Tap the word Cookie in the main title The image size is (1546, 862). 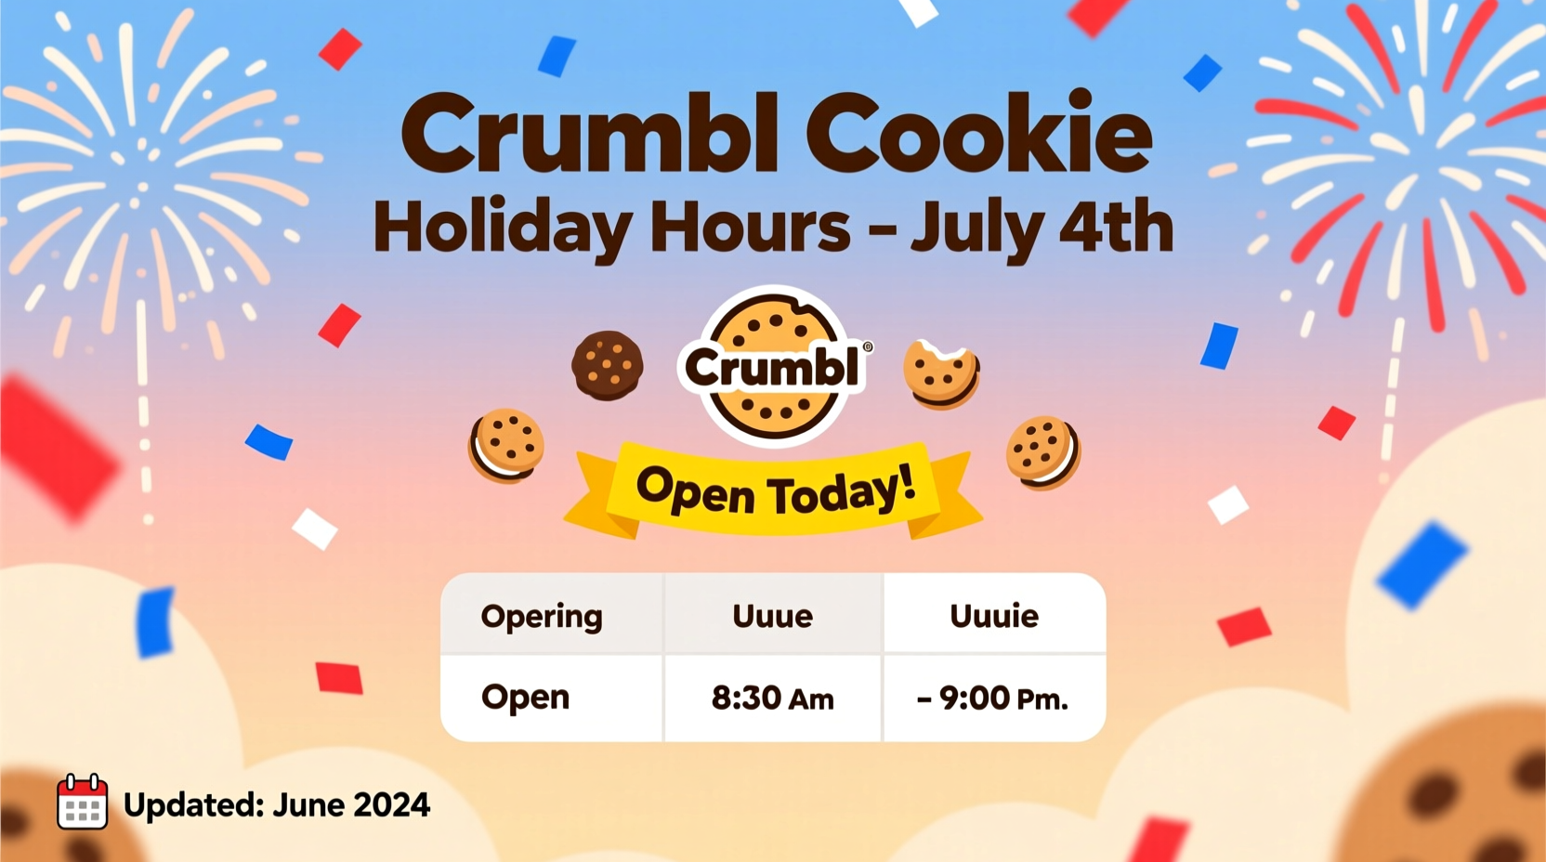tap(979, 135)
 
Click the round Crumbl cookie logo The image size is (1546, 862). tap(773, 366)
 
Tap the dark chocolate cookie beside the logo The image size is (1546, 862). tap(607, 365)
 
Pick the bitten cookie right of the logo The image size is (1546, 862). tap(940, 373)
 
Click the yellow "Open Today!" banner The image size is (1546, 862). tap(773, 490)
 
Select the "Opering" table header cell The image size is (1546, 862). tap(542, 616)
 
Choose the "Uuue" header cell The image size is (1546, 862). tap(772, 616)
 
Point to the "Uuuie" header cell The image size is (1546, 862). tap(993, 616)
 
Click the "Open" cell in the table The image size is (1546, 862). tap(525, 698)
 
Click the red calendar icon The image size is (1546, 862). tap(82, 802)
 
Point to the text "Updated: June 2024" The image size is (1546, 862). tap(277, 804)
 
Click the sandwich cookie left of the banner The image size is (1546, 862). tap(505, 445)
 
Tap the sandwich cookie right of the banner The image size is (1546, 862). tap(1042, 451)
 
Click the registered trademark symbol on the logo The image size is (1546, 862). tap(868, 346)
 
